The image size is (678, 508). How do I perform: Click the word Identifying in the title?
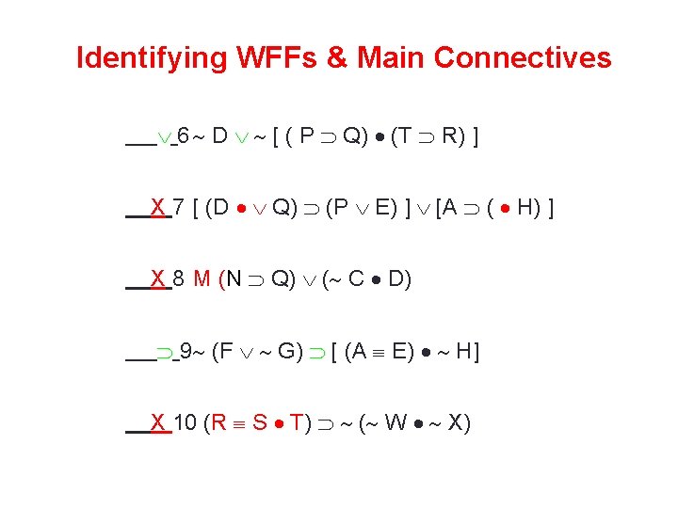[x=151, y=58]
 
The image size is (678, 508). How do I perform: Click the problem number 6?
[x=184, y=136]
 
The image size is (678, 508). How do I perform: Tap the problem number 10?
[x=186, y=422]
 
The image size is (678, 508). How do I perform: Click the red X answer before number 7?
[x=158, y=207]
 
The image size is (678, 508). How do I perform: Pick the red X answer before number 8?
[x=158, y=278]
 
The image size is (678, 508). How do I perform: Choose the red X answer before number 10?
[x=158, y=422]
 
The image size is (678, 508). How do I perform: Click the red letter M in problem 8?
[x=202, y=278]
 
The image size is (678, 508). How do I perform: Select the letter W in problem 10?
[x=395, y=422]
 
